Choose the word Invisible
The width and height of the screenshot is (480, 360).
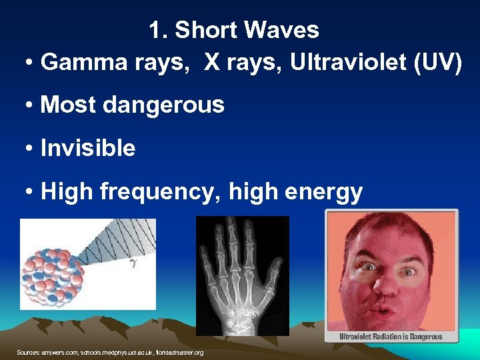88,148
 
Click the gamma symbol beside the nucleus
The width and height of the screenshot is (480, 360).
133,265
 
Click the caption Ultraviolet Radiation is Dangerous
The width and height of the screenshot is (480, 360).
391,337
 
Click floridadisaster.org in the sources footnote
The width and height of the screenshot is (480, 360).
181,352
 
